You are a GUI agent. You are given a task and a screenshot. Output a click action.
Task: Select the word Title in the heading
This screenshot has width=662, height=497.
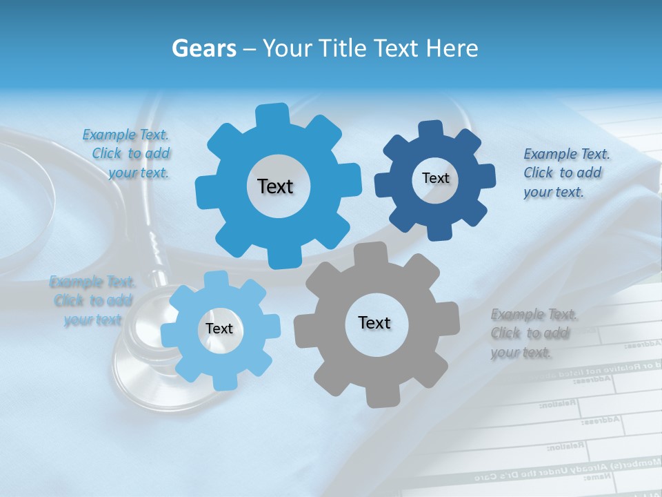tap(342, 48)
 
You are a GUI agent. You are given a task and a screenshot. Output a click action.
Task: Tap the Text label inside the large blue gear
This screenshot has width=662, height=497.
tap(275, 186)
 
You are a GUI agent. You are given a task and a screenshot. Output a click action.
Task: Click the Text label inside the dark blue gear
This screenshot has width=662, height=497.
tap(435, 178)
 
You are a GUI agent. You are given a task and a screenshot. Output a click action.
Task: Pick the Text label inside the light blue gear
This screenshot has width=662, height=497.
tap(219, 329)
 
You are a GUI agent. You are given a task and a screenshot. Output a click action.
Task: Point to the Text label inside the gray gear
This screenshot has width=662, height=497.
tap(374, 322)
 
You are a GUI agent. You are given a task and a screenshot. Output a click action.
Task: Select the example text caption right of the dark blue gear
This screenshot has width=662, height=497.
tap(565, 173)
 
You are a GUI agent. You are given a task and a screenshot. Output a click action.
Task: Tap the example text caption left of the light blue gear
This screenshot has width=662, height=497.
tap(92, 300)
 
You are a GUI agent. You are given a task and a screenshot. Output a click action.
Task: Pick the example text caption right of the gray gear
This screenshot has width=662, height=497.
tap(534, 333)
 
